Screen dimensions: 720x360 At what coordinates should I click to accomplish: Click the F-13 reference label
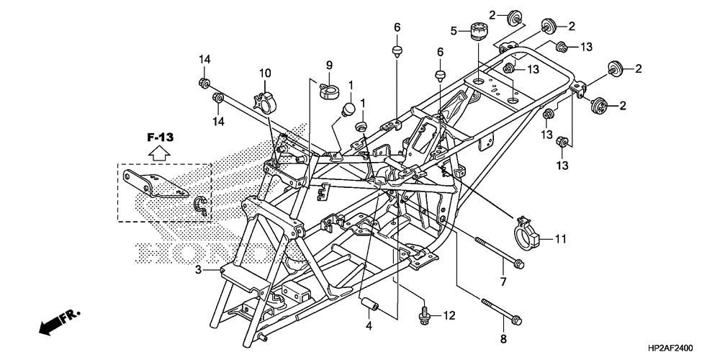(161, 137)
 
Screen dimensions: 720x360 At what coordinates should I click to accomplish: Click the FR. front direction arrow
(60, 323)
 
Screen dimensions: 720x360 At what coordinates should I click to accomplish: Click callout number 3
(199, 270)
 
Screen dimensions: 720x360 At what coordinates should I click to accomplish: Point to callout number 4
(369, 327)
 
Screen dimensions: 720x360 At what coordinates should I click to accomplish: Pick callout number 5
(454, 31)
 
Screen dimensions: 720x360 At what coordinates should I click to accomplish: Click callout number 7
(503, 282)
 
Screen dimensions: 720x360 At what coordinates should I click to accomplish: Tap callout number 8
(503, 339)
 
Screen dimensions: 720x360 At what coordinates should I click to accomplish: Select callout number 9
(329, 66)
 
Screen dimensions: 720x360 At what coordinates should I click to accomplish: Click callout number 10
(265, 73)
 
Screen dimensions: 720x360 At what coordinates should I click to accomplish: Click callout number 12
(449, 315)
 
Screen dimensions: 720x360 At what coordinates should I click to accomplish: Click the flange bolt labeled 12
(424, 316)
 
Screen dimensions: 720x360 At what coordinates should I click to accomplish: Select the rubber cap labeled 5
(480, 31)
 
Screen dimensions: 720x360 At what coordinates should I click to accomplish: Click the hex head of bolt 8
(516, 318)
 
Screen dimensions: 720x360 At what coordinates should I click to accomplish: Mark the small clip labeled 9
(329, 87)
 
